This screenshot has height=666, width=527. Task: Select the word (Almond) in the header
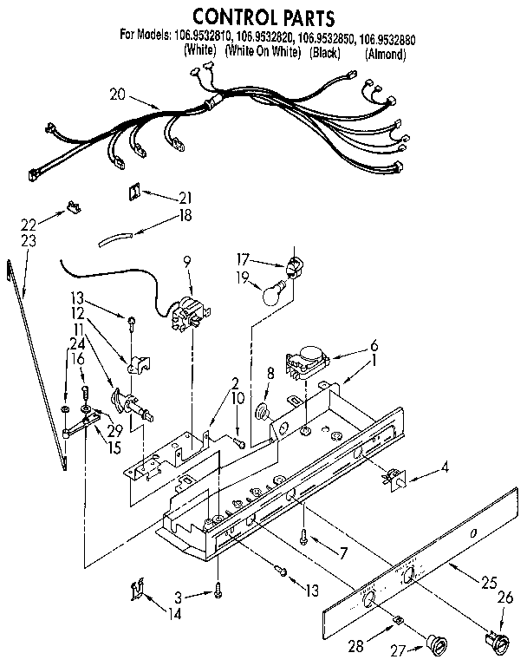(384, 53)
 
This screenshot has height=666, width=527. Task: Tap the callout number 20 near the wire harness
(118, 95)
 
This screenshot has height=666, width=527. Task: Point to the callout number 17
(244, 258)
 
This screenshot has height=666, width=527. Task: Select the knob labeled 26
(498, 643)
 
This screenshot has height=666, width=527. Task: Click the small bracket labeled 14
(135, 591)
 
